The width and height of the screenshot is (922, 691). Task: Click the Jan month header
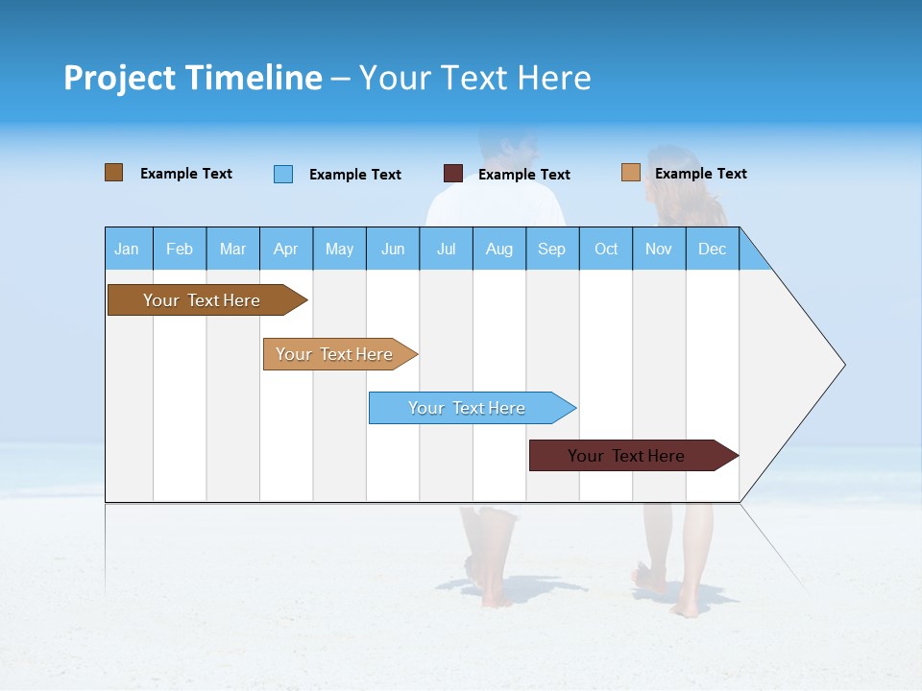click(x=128, y=249)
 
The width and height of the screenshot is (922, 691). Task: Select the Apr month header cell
click(x=286, y=249)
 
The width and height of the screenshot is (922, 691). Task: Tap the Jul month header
click(x=446, y=249)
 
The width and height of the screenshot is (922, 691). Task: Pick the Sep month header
click(x=552, y=249)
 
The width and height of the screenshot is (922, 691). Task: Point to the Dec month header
click(x=712, y=249)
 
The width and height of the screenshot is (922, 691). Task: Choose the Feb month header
click(x=180, y=249)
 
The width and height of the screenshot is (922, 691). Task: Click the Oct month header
click(x=606, y=249)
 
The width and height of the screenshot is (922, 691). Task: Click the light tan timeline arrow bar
click(x=336, y=354)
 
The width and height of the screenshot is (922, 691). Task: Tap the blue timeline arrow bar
click(x=469, y=408)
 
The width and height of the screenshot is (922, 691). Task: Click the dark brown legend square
click(x=113, y=173)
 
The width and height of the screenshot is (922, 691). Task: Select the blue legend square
click(x=283, y=174)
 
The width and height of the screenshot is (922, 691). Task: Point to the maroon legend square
click(x=453, y=174)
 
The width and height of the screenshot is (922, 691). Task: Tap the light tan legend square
click(x=630, y=173)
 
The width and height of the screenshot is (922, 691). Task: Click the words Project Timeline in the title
click(x=193, y=78)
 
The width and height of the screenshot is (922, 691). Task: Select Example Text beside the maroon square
click(x=524, y=175)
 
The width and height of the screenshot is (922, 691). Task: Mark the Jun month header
click(x=393, y=249)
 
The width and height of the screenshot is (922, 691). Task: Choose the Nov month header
click(x=659, y=249)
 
